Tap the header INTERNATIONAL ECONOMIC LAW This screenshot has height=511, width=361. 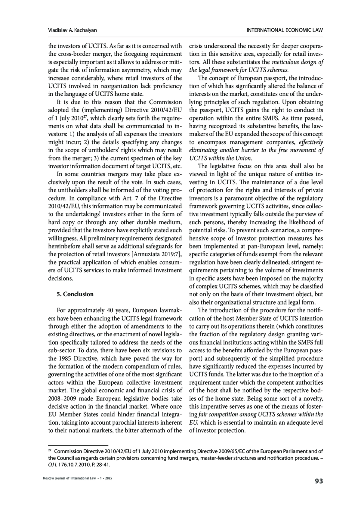pos(285,30)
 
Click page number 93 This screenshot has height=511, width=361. pos(319,481)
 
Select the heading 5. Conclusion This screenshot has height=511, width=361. pos(75,294)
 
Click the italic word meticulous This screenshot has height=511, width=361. pos(285,62)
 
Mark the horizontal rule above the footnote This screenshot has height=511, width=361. pos(78,445)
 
